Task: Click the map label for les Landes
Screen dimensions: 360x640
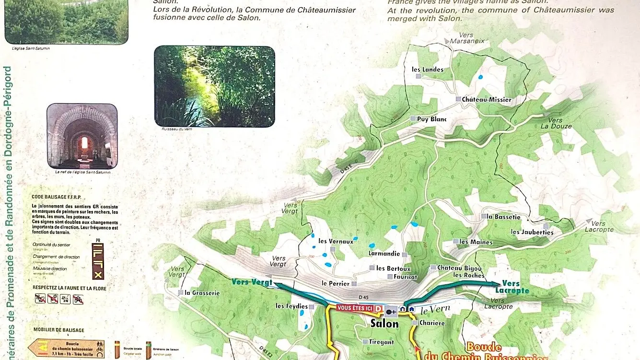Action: pos(428,70)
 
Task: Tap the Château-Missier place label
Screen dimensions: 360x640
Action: pos(486,100)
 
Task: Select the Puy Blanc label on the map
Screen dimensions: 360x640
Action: pos(431,119)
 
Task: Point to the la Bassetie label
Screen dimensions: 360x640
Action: pos(503,217)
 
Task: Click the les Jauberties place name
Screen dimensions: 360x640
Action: pos(532,232)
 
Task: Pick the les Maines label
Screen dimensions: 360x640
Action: pos(476,242)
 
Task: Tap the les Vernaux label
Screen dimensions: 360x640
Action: pos(336,242)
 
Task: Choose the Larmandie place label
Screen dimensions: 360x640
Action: pos(384,253)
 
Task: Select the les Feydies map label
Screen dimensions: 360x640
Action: pos(292,306)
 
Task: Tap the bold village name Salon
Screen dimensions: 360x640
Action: pos(384,324)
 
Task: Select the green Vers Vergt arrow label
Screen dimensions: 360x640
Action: pos(252,282)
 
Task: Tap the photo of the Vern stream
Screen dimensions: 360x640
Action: pos(214,86)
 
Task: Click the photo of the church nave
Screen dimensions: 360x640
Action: pos(82,136)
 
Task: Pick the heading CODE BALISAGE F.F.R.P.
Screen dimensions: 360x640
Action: pos(58,197)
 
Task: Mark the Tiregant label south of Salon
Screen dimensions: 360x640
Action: pos(381,342)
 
